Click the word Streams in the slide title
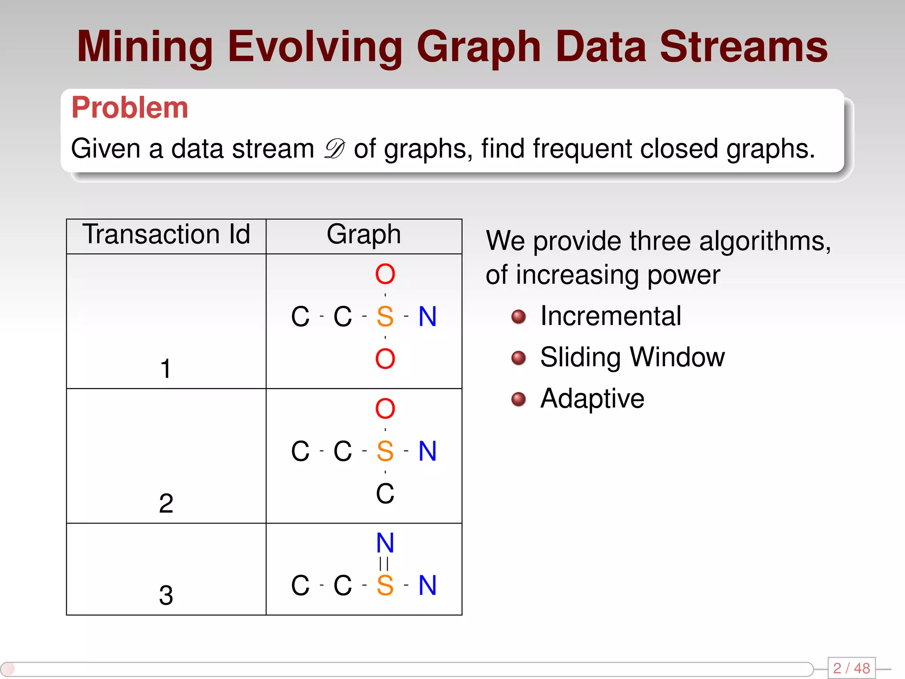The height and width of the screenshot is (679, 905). (x=743, y=47)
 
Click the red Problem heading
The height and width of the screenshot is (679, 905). (x=129, y=107)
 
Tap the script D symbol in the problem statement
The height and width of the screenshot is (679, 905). (x=334, y=149)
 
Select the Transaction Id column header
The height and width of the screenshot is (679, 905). (x=166, y=234)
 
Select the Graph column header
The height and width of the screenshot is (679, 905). (x=364, y=234)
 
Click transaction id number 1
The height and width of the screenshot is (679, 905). (x=166, y=369)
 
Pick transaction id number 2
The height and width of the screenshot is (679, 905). (x=166, y=503)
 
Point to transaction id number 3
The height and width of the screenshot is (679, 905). (x=166, y=595)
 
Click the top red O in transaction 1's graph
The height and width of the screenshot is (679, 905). (x=385, y=274)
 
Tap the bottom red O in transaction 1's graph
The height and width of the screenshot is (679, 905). (x=385, y=359)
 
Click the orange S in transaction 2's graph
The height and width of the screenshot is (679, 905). (x=385, y=451)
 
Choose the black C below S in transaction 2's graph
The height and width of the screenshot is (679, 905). (x=385, y=493)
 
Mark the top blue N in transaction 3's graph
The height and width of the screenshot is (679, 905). (x=385, y=543)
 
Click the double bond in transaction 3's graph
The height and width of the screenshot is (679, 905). (x=384, y=564)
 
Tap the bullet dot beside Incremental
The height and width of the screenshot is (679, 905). (x=518, y=317)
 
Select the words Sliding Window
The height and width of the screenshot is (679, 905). (x=632, y=357)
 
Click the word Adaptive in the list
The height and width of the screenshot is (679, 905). (x=592, y=398)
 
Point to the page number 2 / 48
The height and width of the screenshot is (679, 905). (x=851, y=668)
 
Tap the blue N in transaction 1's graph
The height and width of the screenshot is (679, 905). (x=427, y=317)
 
